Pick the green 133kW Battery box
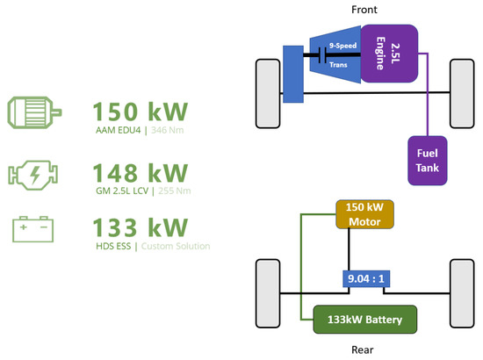pos(364,319)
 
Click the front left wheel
pos(265,91)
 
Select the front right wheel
pos(462,91)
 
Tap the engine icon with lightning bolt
pos(34,174)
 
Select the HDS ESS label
pos(116,247)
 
